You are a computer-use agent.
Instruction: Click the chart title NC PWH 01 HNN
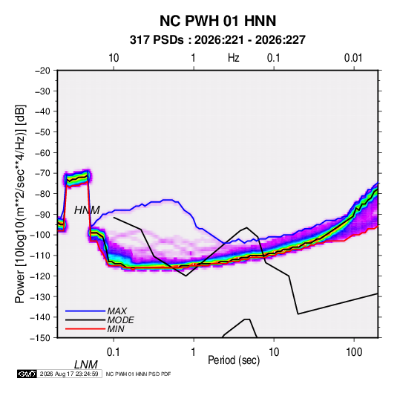217,21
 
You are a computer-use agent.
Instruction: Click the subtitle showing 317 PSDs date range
217,40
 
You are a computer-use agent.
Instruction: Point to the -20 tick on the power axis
42,71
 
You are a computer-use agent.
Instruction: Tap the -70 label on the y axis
42,173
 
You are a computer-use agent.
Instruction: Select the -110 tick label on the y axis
41,256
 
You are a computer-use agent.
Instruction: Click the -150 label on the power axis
41,338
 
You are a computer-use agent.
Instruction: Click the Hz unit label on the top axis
234,58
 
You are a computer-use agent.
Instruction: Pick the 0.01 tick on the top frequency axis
353,58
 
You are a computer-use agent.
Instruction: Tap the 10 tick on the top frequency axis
114,58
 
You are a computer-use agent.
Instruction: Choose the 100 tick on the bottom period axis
354,352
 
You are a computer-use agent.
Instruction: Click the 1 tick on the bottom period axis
194,352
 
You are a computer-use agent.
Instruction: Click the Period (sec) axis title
234,360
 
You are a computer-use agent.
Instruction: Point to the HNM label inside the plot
87,210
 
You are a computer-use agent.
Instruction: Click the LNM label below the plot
85,365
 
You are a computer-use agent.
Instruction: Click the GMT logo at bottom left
27,374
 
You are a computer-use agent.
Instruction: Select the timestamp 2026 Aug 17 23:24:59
69,374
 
